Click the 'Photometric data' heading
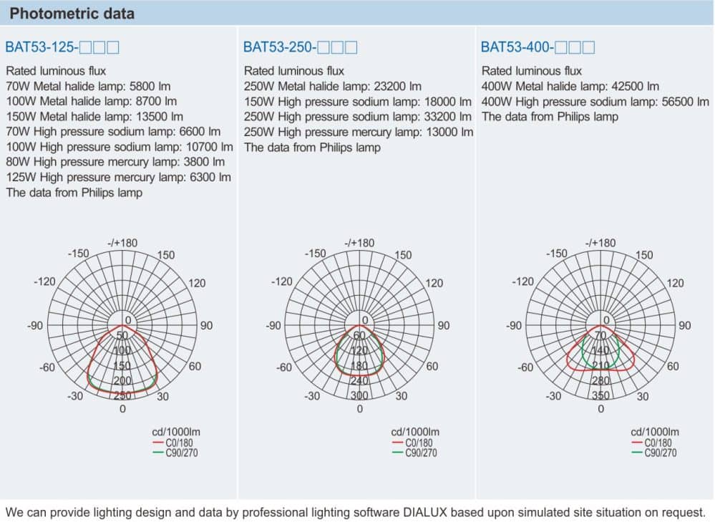pos(72,14)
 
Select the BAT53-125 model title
pos(62,48)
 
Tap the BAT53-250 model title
pos(300,48)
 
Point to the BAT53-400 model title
pos(538,48)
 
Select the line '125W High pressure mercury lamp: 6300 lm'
pos(119,177)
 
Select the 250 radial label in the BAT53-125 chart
pos(122,395)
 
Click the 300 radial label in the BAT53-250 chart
pos(359,395)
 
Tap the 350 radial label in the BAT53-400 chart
pos(600,395)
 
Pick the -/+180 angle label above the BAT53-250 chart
pos(359,243)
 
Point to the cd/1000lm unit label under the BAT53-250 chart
pos(414,432)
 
